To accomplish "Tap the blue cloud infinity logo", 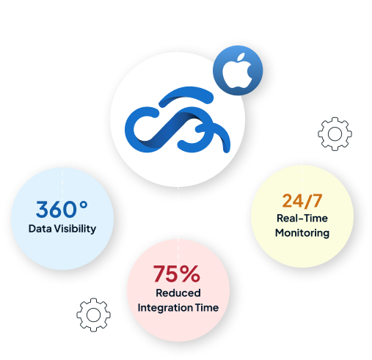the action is tap(178, 120).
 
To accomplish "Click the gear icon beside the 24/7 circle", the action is tap(335, 133).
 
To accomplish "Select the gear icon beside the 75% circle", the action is tap(93, 315).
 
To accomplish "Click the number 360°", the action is tap(62, 209).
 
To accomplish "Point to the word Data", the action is tap(40, 229).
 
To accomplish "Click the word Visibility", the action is tap(75, 229).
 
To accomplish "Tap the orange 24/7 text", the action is tap(302, 201).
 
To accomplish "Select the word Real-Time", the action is tap(302, 218).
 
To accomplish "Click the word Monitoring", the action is tap(302, 232).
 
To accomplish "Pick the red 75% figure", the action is tap(177, 273).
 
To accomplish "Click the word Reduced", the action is tap(178, 293).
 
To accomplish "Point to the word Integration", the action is tap(162, 308).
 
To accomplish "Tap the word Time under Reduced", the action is tap(203, 307).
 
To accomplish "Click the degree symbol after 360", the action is tap(84, 205).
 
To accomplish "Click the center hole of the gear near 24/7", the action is tap(335, 134).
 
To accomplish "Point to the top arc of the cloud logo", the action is tap(186, 92).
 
